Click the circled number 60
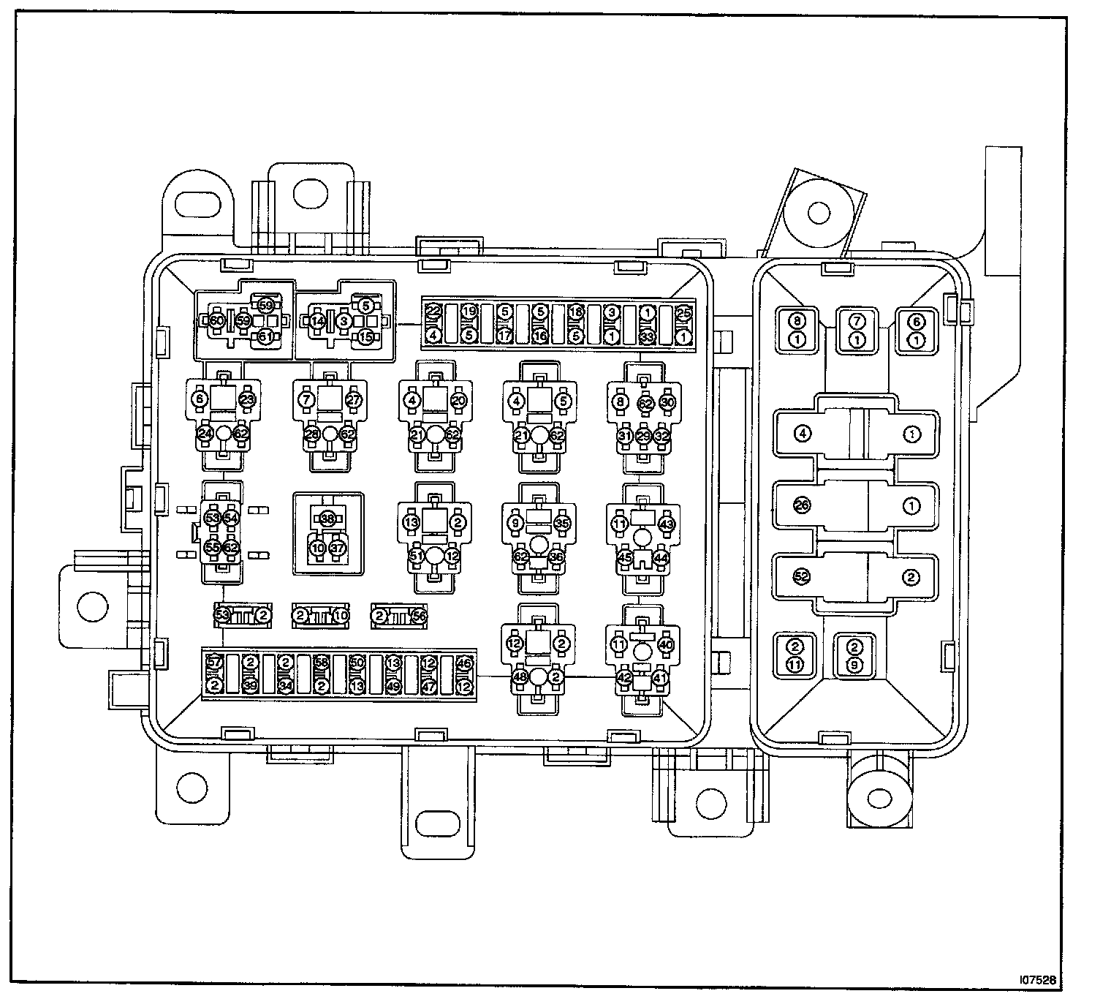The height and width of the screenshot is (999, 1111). click(216, 320)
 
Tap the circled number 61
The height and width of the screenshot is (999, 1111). click(265, 336)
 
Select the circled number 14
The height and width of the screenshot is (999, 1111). click(317, 320)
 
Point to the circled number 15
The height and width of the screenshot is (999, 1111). click(365, 336)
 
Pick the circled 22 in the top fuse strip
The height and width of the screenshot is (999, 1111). click(433, 312)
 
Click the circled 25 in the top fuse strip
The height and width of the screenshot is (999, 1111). click(683, 312)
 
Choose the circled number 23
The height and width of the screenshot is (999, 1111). click(248, 400)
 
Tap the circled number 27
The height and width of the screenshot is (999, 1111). click(354, 400)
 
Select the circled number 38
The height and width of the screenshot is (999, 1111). click(327, 518)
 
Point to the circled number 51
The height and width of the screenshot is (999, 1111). click(417, 556)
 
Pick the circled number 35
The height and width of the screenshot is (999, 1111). click(561, 523)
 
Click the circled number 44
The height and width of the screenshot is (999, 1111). click(661, 557)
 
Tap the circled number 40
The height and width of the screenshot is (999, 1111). click(665, 644)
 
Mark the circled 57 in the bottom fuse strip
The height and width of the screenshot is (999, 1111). click(214, 663)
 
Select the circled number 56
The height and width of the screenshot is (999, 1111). click(419, 616)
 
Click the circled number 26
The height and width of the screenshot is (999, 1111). click(802, 505)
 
